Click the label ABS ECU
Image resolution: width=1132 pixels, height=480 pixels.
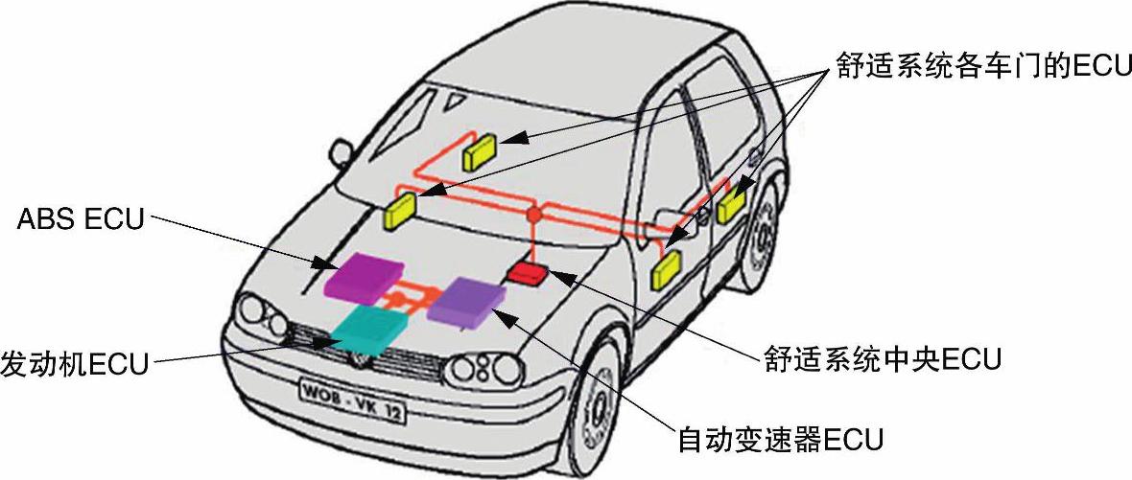pyautogui.click(x=81, y=219)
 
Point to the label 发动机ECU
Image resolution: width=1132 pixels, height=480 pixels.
pyautogui.click(x=75, y=363)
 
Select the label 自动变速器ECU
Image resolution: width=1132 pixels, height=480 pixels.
pyautogui.click(x=780, y=440)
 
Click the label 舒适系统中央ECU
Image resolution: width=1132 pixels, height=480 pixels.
pyautogui.click(x=883, y=359)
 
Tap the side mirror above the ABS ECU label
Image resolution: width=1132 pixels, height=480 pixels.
pyautogui.click(x=341, y=151)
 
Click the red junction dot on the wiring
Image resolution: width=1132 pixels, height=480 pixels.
pyautogui.click(x=534, y=213)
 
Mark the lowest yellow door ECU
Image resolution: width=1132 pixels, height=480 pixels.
pyautogui.click(x=665, y=268)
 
